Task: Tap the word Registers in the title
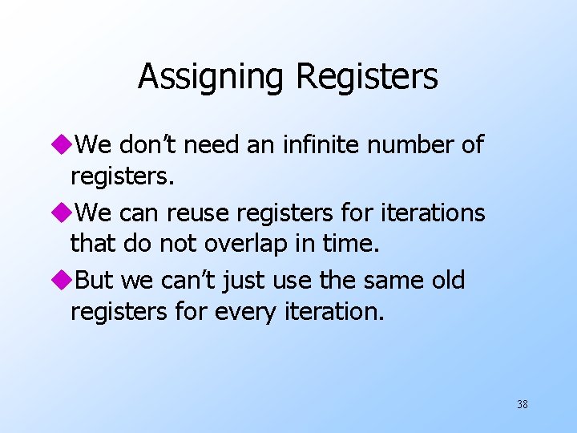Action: [367, 78]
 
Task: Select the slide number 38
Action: [523, 405]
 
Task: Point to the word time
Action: [349, 244]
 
